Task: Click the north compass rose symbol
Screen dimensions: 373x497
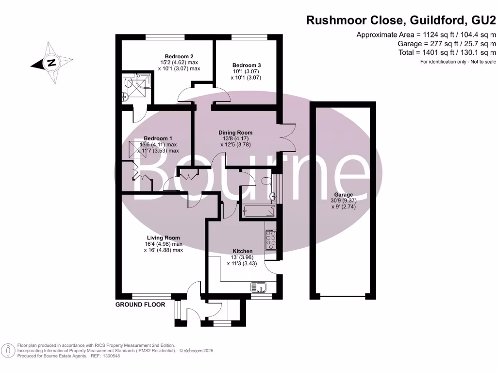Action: (x=50, y=63)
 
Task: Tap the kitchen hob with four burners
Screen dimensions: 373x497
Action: (x=270, y=239)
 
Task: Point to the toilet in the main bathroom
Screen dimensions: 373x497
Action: (x=265, y=181)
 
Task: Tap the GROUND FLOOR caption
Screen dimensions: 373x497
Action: (x=140, y=305)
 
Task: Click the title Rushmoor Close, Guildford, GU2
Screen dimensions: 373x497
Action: (x=401, y=20)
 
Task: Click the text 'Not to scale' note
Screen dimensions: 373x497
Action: (x=482, y=62)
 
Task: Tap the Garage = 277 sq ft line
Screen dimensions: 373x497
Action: (x=447, y=43)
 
